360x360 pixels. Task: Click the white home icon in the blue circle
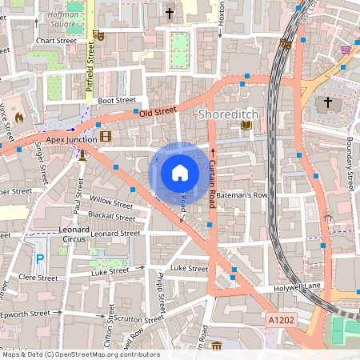click(x=179, y=173)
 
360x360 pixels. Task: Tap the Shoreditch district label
click(x=227, y=116)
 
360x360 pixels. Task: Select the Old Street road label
click(x=157, y=112)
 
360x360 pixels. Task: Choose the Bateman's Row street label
click(x=244, y=195)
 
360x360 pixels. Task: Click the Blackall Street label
click(x=112, y=217)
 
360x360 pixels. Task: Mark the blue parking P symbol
click(x=40, y=259)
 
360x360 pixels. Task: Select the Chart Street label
click(x=56, y=40)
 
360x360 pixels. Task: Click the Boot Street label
click(x=117, y=101)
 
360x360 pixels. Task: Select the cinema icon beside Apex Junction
click(x=106, y=138)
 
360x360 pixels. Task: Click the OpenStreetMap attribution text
click(x=80, y=354)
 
